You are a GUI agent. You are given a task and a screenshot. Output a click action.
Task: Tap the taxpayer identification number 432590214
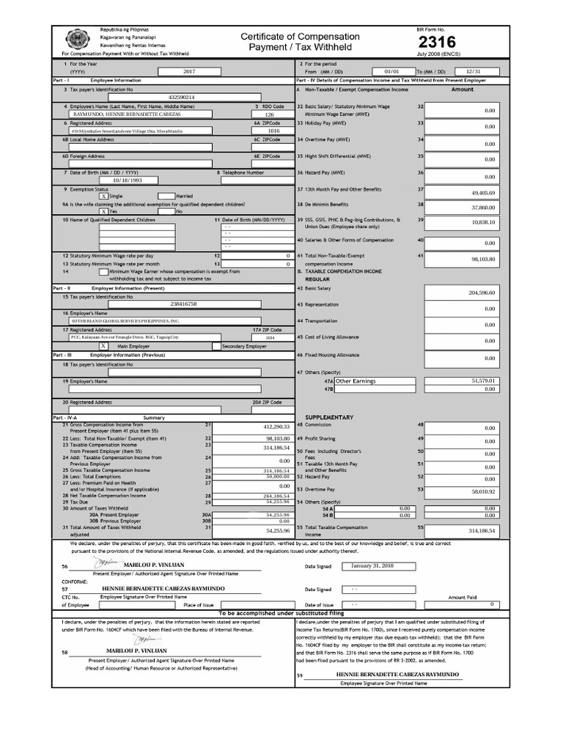coord(181,97)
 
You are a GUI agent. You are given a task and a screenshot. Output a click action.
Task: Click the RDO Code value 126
coord(269,114)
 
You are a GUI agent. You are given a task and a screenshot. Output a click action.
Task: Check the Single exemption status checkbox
coord(103,196)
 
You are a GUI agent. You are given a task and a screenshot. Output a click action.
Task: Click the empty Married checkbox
coord(166,196)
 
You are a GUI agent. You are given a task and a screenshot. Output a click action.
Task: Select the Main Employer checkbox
coord(103,345)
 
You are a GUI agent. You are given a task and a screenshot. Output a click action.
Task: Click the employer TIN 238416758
coord(183,304)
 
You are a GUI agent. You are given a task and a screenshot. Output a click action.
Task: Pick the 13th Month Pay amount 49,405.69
coord(483,193)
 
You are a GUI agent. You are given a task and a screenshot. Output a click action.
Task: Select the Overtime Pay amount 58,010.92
coord(483,491)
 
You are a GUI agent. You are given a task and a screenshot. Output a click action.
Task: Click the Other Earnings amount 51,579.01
coord(483,381)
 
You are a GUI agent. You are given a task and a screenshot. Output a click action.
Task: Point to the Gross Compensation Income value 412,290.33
coord(276,426)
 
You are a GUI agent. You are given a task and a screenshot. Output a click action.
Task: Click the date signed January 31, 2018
coord(372,566)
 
